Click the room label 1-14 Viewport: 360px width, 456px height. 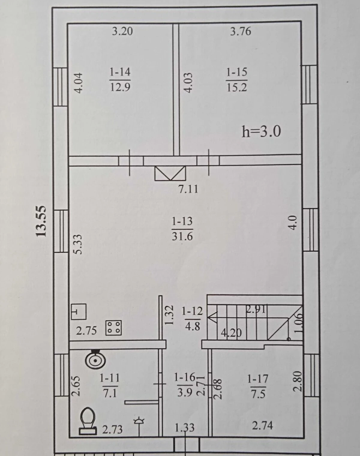120,72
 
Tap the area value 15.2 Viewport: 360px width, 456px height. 237,87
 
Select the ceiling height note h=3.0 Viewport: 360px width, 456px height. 261,131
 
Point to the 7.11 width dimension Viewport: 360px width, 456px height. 189,189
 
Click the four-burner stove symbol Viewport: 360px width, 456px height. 114,328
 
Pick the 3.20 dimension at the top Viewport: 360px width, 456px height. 122,31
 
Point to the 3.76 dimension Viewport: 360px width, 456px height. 241,31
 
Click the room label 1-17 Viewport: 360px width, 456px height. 258,379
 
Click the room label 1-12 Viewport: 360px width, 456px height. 192,311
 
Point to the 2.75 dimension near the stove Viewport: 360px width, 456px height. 86,331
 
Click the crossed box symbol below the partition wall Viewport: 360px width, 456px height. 170,173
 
